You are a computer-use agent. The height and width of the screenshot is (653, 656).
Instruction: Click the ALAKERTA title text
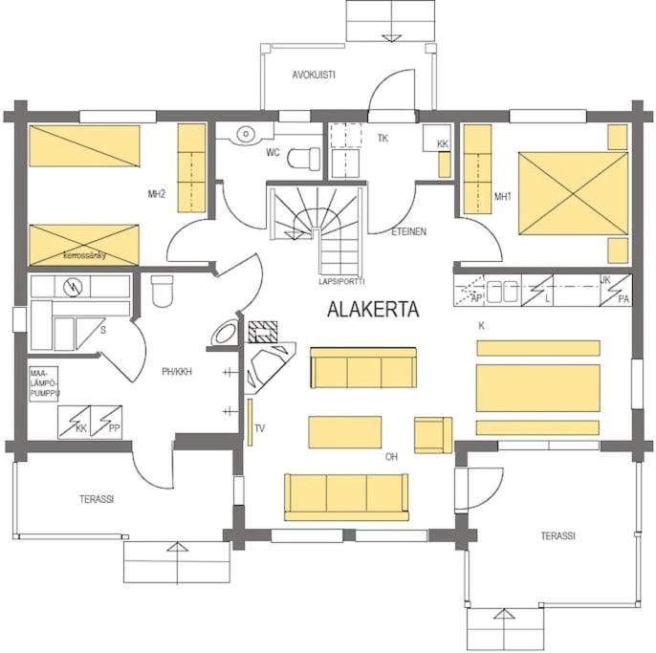point(373,310)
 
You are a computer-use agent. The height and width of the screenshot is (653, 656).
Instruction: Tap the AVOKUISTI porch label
point(314,75)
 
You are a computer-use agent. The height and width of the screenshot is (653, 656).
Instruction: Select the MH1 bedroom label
point(502,196)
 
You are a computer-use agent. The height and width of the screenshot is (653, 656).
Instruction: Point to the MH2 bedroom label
point(157,194)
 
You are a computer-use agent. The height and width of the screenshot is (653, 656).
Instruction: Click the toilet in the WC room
point(304,159)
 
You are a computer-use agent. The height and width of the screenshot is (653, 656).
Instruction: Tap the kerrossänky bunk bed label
point(84,255)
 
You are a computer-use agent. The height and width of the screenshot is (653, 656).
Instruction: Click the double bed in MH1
point(573,193)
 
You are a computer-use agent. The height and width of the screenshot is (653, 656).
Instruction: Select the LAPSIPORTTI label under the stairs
point(341,281)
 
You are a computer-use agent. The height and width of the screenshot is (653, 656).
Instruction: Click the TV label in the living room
point(260,428)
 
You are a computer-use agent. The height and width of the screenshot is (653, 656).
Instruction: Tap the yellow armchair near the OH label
point(433,435)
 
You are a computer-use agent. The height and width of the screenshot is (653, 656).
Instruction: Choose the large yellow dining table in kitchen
point(538,388)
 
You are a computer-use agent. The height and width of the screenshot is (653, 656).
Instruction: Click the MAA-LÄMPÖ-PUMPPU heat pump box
point(44,384)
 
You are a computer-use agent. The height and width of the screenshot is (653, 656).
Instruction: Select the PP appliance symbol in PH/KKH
point(106,422)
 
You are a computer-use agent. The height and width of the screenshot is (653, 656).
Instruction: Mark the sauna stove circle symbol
point(73,287)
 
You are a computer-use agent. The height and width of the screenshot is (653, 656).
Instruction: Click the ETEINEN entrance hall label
point(408,231)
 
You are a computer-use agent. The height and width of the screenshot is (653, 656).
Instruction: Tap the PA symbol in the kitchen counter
point(616,290)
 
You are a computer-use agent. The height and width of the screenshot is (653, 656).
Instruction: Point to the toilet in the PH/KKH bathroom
point(162,291)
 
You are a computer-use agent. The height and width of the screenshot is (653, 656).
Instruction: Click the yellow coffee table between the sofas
point(344,432)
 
